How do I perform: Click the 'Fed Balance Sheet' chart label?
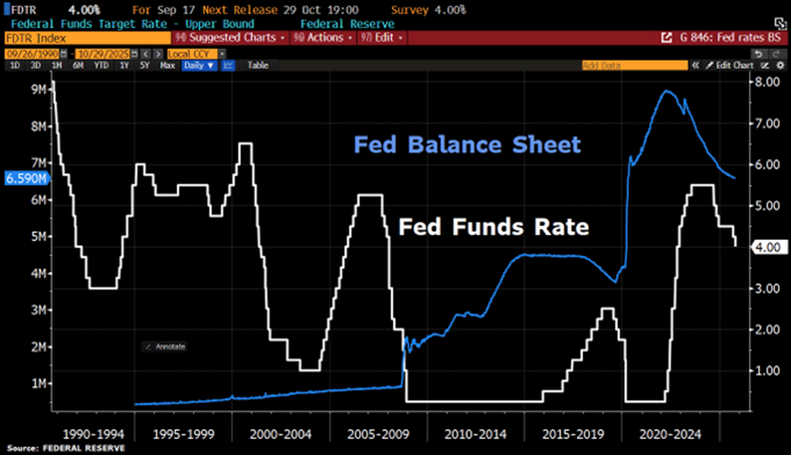(467, 145)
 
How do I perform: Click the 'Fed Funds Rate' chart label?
(493, 227)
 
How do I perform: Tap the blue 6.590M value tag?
(25, 178)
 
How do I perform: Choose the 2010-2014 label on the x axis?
(475, 434)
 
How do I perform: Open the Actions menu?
(321, 38)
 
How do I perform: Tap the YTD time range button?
(100, 64)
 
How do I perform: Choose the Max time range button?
(167, 64)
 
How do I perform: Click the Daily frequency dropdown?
(199, 64)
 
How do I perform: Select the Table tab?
(258, 64)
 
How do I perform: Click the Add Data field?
(639, 64)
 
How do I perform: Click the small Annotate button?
(166, 346)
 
